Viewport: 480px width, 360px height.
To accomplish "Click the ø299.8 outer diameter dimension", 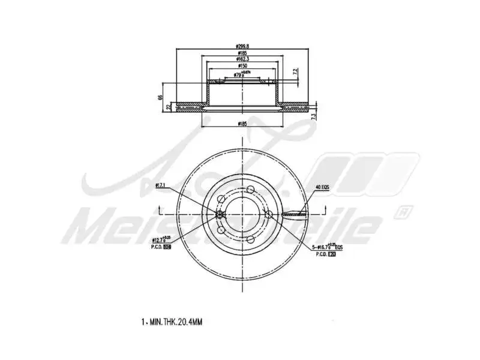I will coord(243,46).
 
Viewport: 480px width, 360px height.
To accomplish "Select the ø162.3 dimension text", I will coord(243,59).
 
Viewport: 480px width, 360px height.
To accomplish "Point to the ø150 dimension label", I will coord(243,66).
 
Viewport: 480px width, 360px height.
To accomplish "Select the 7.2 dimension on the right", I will coord(295,71).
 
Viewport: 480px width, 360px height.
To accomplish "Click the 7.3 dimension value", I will coord(313,116).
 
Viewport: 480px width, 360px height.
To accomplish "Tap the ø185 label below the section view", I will coord(243,124).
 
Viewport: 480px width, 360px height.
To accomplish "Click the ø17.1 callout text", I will coord(160,186).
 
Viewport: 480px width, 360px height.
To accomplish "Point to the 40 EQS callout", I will coord(322,187).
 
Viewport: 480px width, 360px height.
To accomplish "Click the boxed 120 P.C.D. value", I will coord(331,254).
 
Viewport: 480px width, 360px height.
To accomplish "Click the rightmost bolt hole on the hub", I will coord(268,214).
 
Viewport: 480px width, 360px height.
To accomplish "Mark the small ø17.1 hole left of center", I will coord(220,214).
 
